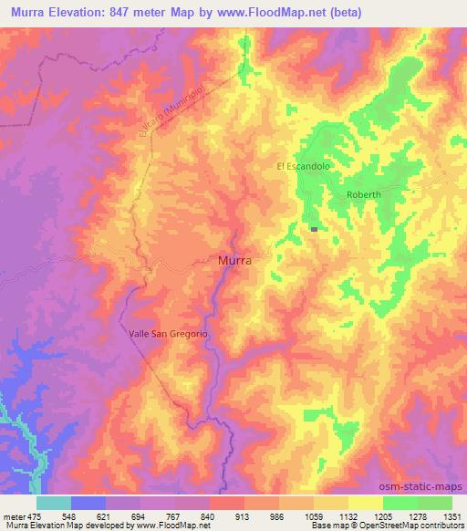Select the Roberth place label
363,195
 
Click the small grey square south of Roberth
314,230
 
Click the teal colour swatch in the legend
54,503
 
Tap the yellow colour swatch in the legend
366,503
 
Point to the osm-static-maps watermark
428,486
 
